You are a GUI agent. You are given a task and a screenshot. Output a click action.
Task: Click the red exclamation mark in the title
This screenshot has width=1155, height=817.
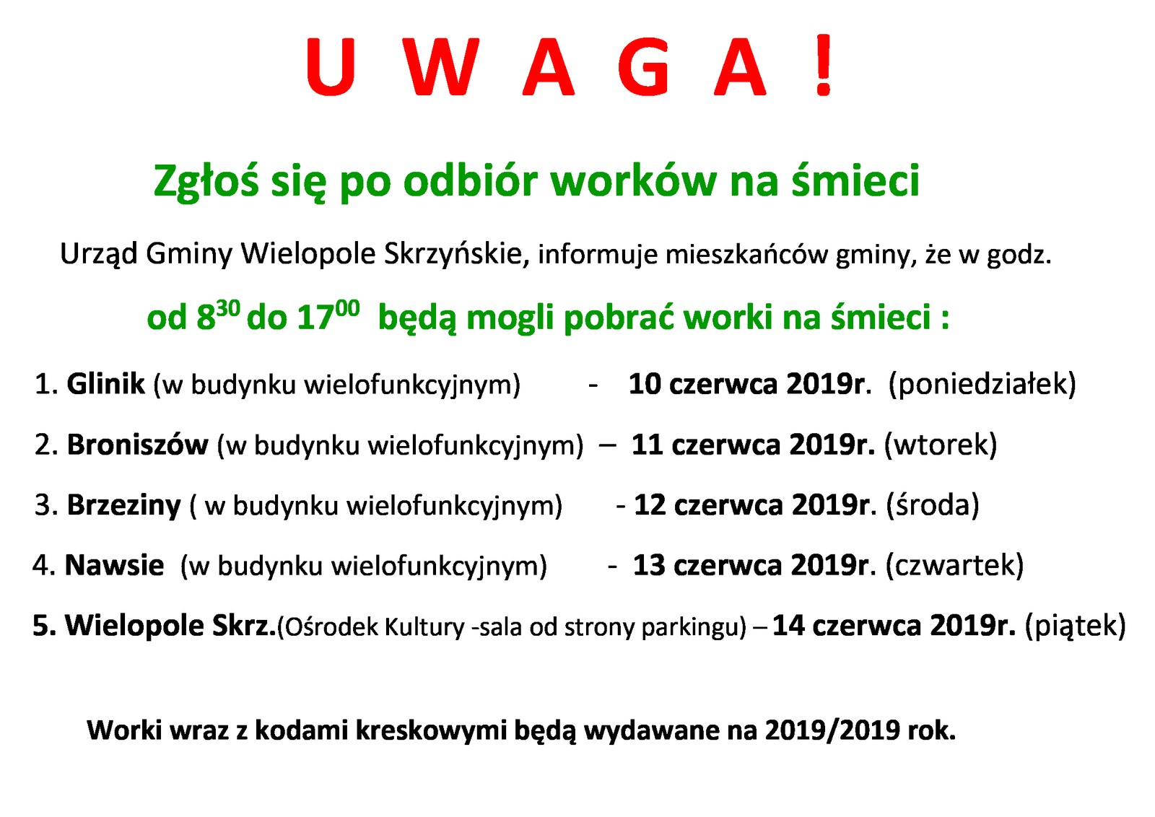tap(823, 65)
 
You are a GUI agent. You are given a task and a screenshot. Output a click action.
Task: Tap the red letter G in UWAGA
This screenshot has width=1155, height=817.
tap(644, 68)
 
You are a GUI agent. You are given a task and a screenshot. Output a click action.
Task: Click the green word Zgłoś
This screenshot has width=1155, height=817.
tap(206, 181)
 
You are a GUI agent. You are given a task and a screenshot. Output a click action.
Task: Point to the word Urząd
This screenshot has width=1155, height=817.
tap(99, 255)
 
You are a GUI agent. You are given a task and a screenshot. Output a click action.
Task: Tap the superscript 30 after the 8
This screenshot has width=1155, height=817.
tap(228, 309)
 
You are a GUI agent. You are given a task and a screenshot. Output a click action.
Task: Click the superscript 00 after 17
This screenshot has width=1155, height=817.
tap(347, 308)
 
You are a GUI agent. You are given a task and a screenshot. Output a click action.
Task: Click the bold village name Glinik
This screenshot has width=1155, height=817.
tap(105, 383)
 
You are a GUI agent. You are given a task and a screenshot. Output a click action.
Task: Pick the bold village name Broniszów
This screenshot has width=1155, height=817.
tap(138, 445)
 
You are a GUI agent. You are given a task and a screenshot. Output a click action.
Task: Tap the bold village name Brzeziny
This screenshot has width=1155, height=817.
tap(124, 506)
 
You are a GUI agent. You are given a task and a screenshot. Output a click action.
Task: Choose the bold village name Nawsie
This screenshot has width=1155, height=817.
tap(114, 565)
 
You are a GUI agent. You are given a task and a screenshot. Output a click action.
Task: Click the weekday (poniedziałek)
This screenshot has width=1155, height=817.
tap(982, 385)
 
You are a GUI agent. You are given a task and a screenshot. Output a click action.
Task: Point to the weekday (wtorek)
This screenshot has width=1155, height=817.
tap(941, 445)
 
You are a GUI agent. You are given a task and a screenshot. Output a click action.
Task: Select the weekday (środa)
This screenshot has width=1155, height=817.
tap(932, 505)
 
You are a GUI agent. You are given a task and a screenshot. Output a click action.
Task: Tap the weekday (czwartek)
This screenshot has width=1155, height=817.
tap(954, 565)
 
